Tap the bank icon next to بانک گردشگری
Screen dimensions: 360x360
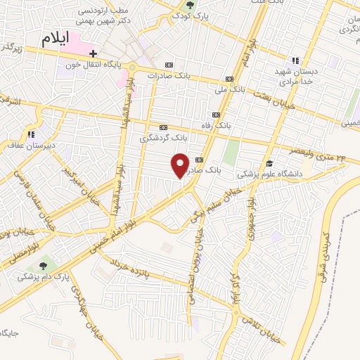point(164,127)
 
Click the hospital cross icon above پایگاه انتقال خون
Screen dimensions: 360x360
point(92,53)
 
